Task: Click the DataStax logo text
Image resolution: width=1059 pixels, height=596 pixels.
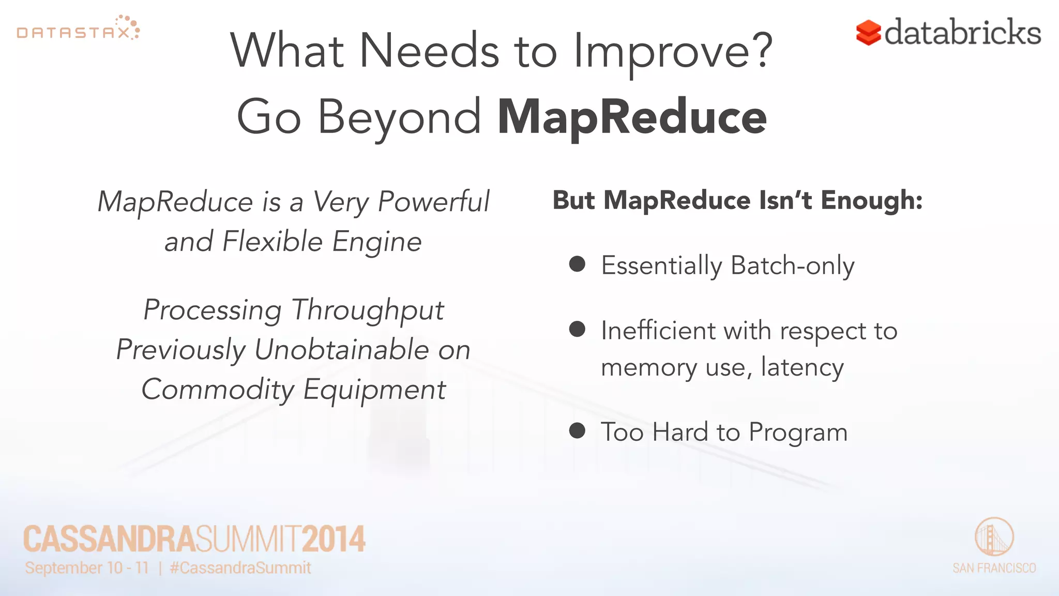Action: [73, 33]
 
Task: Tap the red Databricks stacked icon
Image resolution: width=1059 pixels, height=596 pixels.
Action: [868, 33]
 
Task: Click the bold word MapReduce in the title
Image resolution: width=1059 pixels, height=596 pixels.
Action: [631, 117]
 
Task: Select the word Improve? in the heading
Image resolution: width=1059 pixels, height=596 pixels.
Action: [673, 51]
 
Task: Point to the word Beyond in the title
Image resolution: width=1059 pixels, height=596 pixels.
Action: [399, 117]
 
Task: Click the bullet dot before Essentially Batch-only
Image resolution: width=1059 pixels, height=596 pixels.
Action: [577, 264]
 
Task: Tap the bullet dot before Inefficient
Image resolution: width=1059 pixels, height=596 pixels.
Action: [577, 329]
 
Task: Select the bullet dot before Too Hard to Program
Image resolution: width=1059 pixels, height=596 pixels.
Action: [577, 430]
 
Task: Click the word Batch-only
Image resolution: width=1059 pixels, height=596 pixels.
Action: [792, 266]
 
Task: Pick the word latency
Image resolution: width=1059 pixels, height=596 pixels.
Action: [802, 367]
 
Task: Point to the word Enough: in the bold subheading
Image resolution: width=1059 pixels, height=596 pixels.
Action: [871, 200]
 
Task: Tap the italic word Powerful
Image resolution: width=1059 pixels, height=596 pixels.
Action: [433, 202]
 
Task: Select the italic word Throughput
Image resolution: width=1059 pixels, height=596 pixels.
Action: [368, 310]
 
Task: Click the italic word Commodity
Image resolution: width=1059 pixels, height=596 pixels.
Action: [218, 390]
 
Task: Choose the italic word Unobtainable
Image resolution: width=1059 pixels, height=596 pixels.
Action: [341, 350]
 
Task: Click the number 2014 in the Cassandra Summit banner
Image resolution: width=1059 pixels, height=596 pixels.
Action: [334, 539]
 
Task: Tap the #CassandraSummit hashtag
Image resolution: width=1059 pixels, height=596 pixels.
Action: [240, 568]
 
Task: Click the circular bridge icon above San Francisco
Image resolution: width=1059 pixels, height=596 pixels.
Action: [994, 537]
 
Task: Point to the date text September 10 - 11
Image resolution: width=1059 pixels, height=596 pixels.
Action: [87, 568]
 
